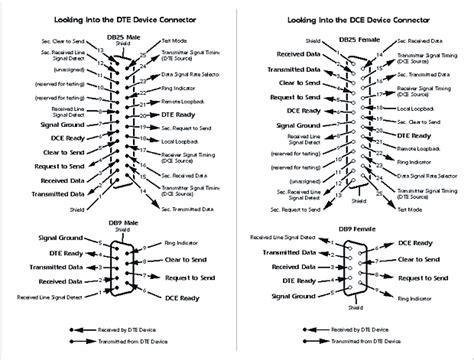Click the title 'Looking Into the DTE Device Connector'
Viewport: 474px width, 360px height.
[x=117, y=19]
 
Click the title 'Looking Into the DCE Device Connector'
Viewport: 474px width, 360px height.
[x=355, y=19]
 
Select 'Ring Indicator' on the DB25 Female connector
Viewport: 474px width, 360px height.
[x=417, y=159]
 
